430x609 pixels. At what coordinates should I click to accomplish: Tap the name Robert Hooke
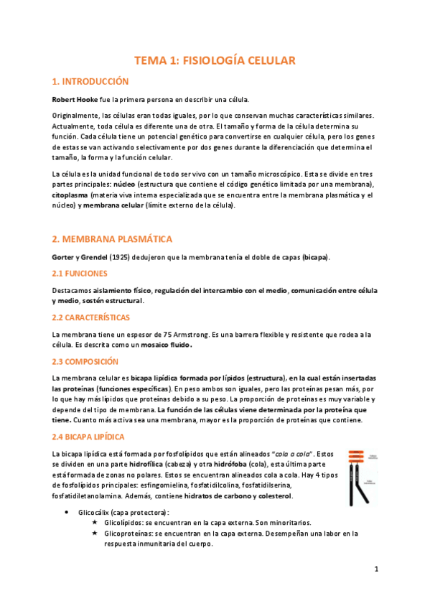76,99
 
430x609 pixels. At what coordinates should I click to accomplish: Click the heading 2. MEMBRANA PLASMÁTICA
111,238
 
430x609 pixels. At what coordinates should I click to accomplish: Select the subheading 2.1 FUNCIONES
80,274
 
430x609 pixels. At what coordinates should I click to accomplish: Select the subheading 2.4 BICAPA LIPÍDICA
89,437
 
